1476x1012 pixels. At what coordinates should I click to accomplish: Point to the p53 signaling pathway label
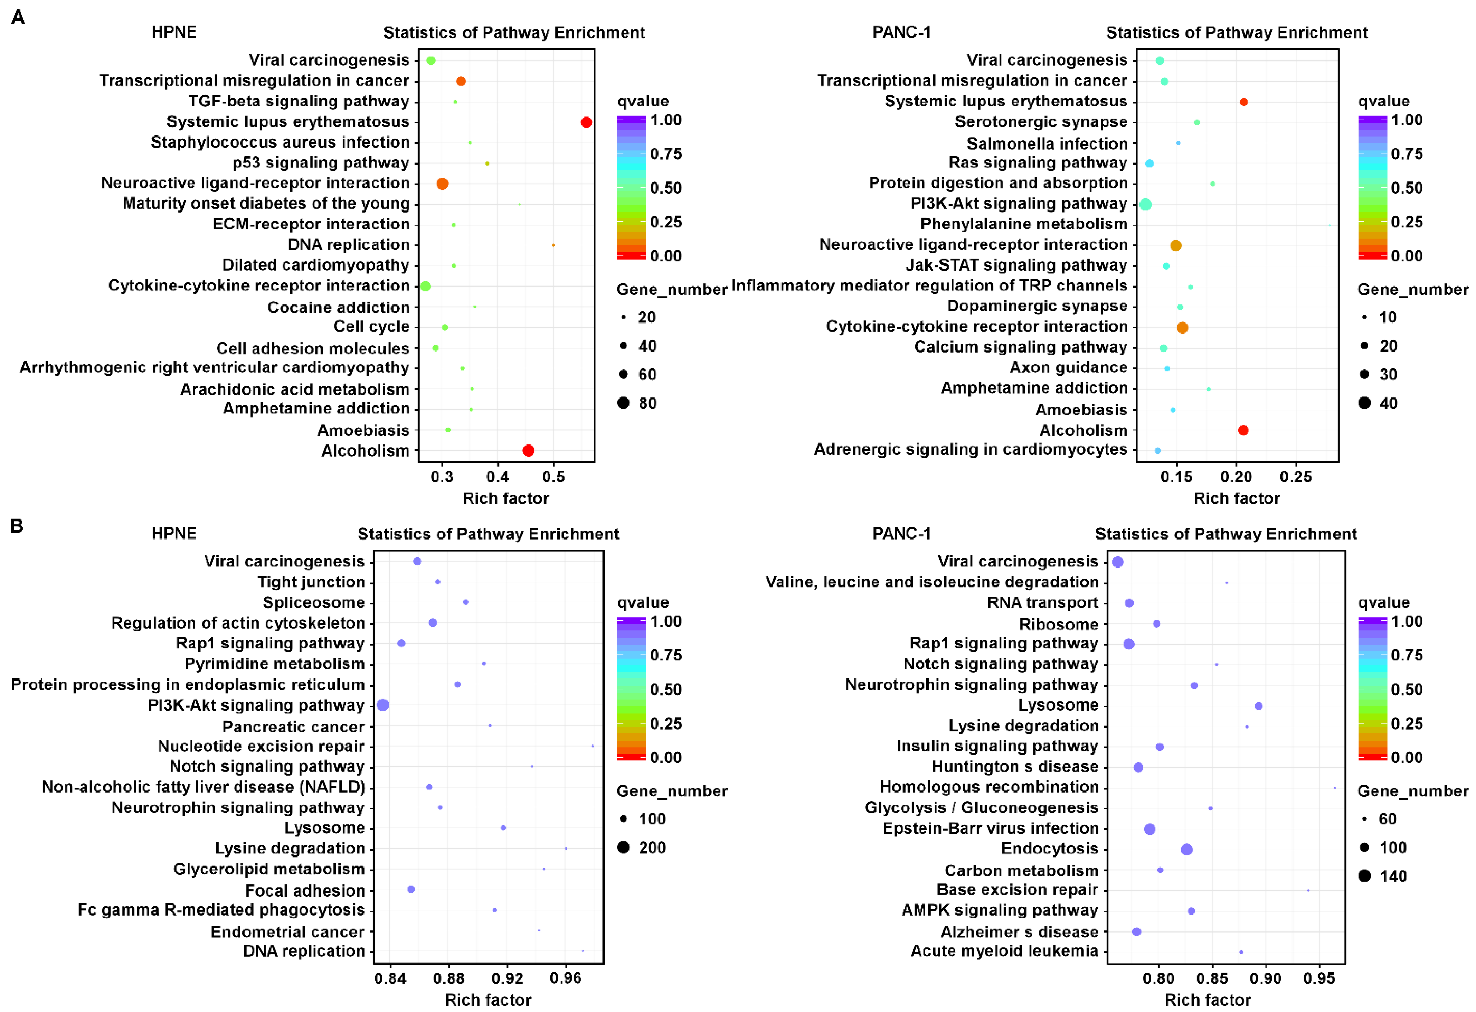(321, 163)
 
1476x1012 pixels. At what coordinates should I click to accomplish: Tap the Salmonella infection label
(1047, 143)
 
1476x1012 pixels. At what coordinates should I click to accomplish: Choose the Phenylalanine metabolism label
(1024, 224)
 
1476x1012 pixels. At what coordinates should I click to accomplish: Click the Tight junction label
(311, 582)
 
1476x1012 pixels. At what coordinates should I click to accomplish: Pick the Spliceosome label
(314, 602)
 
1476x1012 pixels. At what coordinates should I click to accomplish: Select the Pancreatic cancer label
(293, 726)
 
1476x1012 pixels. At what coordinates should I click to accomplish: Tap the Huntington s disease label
(1015, 767)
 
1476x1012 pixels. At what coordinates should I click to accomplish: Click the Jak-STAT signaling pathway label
(1016, 265)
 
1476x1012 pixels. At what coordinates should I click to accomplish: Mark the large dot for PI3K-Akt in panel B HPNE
(382, 704)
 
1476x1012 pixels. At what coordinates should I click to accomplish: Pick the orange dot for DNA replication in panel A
(553, 245)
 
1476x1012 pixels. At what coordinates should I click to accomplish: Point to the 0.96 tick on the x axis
(565, 978)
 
